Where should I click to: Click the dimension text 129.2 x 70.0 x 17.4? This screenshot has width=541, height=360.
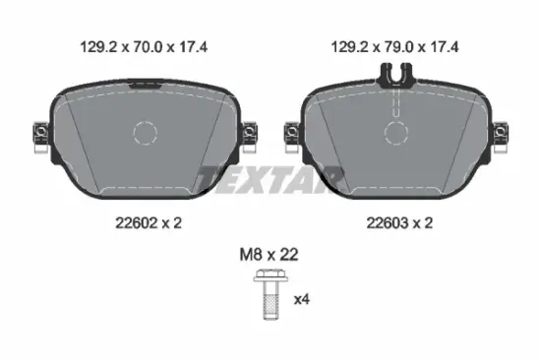144,46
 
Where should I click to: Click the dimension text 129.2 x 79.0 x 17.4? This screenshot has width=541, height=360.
394,46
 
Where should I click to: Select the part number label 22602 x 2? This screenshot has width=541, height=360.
149,223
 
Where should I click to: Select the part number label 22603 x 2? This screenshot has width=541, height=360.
399,223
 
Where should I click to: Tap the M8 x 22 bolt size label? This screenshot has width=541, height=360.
270,255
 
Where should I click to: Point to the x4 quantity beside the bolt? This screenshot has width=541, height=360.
302,299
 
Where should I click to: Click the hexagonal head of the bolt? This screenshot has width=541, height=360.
270,275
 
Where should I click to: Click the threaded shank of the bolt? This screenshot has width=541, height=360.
270,301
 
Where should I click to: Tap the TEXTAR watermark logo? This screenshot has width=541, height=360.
270,180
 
